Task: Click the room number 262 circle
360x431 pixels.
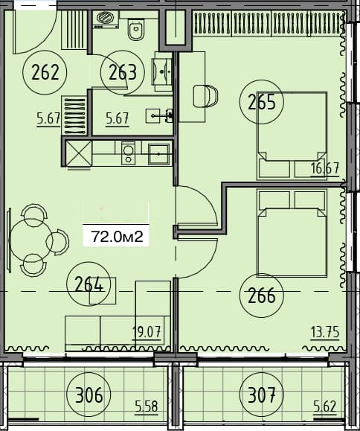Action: pyautogui.click(x=45, y=72)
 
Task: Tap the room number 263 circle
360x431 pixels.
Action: pyautogui.click(x=123, y=72)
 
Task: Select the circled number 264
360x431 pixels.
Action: pyautogui.click(x=89, y=284)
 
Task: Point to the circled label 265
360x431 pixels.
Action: pyautogui.click(x=262, y=103)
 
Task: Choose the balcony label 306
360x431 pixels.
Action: pyautogui.click(x=89, y=392)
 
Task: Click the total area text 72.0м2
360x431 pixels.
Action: pyautogui.click(x=117, y=236)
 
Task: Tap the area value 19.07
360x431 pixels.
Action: pyautogui.click(x=147, y=332)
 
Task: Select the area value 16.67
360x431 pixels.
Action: pyautogui.click(x=325, y=167)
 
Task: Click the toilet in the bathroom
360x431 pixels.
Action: pyautogui.click(x=135, y=31)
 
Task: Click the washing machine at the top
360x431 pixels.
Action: pyautogui.click(x=106, y=20)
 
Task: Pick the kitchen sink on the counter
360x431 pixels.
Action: pyautogui.click(x=158, y=154)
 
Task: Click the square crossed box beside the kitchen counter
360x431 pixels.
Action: pyautogui.click(x=77, y=154)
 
